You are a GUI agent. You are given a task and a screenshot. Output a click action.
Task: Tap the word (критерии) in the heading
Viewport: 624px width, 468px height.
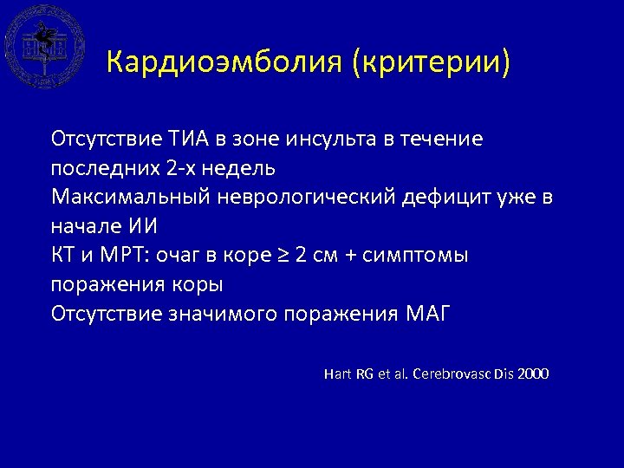(431, 63)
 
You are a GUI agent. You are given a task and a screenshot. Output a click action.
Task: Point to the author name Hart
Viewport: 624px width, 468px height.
(337, 374)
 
